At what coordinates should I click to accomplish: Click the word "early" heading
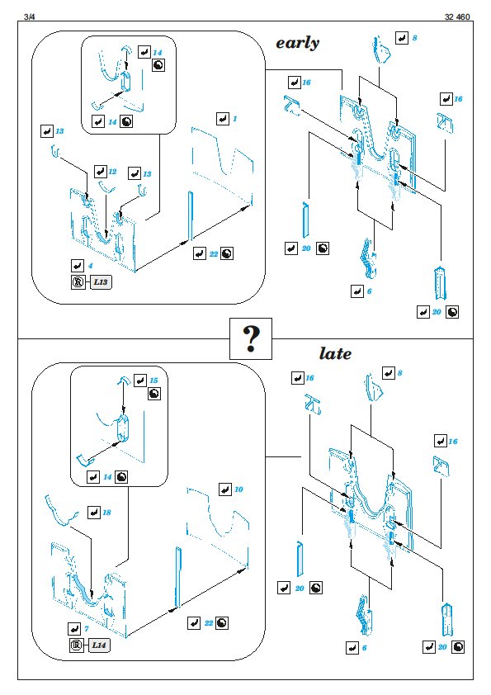[297, 44]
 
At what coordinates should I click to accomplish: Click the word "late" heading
[335, 353]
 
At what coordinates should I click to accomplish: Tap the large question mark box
[250, 338]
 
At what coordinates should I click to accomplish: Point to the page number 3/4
[29, 17]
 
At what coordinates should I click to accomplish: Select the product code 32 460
[457, 17]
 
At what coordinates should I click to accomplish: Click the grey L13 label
[101, 282]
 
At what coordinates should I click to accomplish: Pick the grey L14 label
[99, 645]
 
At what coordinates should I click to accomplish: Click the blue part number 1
[235, 118]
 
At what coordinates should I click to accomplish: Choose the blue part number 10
[238, 489]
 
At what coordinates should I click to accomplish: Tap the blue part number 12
[112, 172]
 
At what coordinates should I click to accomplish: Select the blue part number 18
[106, 513]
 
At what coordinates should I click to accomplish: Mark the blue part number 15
[153, 381]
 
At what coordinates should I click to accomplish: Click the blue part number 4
[91, 266]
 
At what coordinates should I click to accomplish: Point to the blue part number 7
[87, 628]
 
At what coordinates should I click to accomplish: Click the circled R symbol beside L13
[78, 282]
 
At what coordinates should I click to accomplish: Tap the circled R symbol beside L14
[76, 645]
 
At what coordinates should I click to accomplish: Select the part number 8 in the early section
[414, 38]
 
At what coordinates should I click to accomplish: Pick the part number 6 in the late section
[364, 648]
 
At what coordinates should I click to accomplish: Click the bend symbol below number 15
[154, 394]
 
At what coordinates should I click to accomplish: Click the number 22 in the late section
[209, 622]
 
